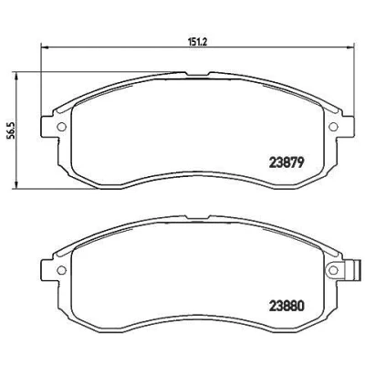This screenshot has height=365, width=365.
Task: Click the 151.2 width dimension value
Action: coord(198,43)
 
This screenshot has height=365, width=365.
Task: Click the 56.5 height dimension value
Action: coord(12,131)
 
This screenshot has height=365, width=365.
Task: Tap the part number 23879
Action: coord(287,163)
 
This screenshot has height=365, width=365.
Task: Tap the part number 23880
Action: coord(287,307)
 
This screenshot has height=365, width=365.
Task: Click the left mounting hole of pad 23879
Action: coord(62,127)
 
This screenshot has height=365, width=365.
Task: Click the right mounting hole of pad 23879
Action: coord(334,127)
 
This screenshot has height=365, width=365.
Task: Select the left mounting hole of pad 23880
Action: coord(62,269)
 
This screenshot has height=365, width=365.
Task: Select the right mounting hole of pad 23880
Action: coord(334,269)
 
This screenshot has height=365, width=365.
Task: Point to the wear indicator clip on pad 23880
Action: coord(349,269)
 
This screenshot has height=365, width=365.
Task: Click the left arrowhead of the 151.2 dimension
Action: coord(45,47)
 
